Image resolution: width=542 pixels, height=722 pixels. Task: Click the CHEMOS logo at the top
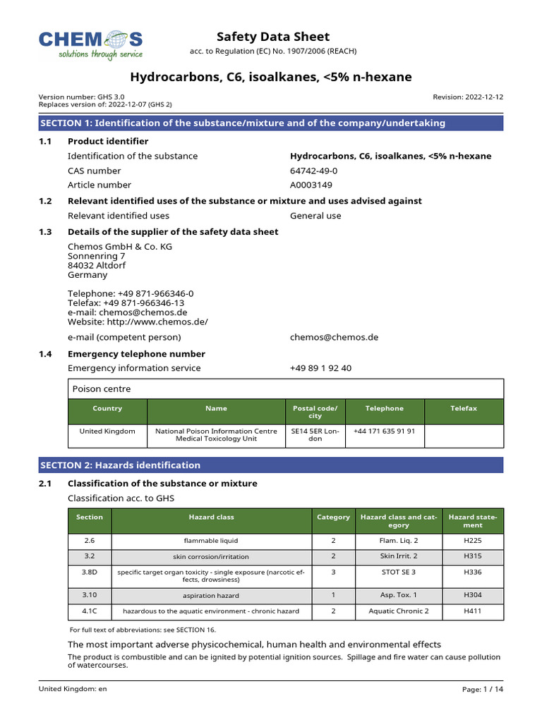click(90, 44)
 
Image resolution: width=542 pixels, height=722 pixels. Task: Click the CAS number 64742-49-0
click(314, 171)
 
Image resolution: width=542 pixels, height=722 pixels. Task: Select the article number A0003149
click(311, 185)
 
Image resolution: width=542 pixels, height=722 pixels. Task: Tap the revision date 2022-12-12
click(468, 97)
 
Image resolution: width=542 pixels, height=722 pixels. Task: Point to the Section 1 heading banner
click(271, 123)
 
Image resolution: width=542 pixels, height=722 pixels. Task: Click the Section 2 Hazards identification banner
click(271, 465)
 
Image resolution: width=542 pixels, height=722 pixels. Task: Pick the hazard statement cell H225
click(473, 541)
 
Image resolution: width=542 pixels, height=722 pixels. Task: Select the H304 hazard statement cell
click(473, 595)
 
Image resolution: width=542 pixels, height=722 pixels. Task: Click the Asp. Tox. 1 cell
click(398, 595)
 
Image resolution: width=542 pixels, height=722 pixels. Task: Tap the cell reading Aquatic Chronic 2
click(398, 611)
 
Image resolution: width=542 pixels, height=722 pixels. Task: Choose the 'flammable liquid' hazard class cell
click(211, 541)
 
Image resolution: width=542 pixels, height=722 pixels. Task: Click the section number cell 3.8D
click(90, 572)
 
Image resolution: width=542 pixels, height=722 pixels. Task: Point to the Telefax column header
click(464, 408)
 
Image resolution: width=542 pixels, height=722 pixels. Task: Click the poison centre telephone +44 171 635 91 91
click(384, 430)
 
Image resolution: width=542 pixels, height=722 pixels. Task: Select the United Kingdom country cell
click(107, 430)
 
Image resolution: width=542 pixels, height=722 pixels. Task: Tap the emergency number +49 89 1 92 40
click(320, 368)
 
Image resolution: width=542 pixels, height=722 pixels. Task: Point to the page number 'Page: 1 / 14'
click(483, 690)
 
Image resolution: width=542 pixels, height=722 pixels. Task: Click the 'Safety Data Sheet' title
click(272, 37)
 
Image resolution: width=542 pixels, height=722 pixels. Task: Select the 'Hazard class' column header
click(211, 517)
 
